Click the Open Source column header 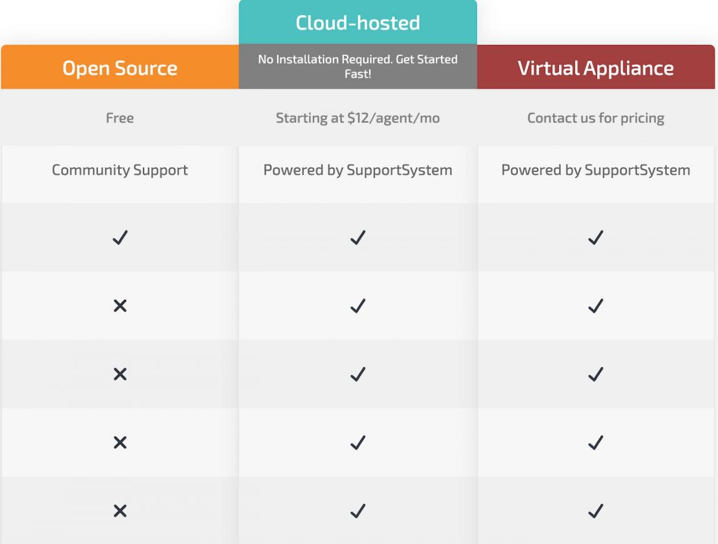tap(120, 68)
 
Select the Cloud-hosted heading tap(357, 23)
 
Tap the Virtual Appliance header tap(595, 68)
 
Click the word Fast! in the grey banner tap(358, 74)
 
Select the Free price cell tap(120, 118)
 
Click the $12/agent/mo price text tap(393, 118)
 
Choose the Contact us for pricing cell tap(595, 118)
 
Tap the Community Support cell tap(120, 170)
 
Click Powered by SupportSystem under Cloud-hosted tap(357, 170)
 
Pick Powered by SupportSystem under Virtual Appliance tap(595, 170)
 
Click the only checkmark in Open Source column tap(120, 238)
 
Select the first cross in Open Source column tap(120, 306)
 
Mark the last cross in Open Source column tap(120, 511)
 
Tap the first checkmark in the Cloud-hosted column tap(357, 238)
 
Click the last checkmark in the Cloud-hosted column tap(357, 511)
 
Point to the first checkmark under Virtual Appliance tap(595, 238)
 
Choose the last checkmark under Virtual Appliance tap(595, 511)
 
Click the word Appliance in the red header tap(629, 69)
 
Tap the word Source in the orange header tap(146, 68)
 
